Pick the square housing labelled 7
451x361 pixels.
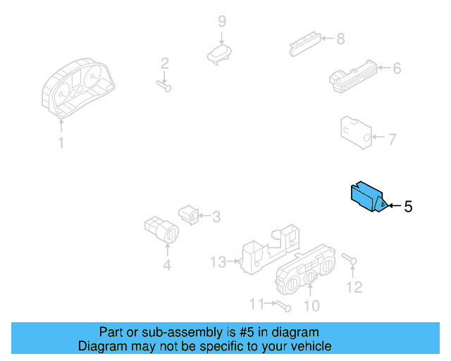[x=355, y=131]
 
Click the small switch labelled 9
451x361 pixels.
[x=221, y=54]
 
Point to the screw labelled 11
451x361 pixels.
[x=283, y=306]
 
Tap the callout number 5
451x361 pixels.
[x=407, y=207]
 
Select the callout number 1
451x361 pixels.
[x=61, y=143]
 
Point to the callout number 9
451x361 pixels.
[x=221, y=20]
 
